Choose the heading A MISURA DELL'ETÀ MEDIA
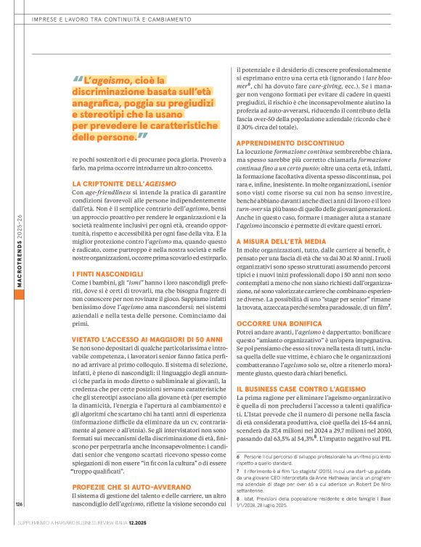pyautogui.click(x=278, y=239)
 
